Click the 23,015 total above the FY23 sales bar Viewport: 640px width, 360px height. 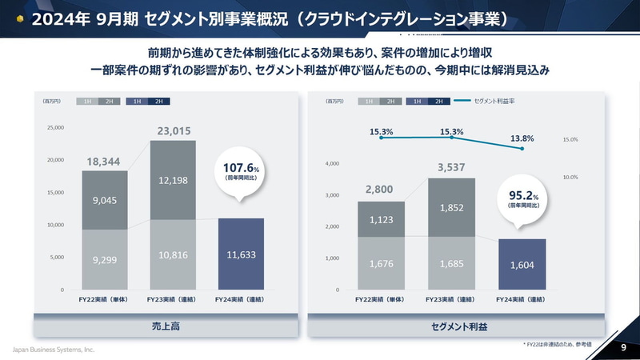173,130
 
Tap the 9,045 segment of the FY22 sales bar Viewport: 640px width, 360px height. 104,200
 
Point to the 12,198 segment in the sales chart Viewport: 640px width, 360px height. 173,181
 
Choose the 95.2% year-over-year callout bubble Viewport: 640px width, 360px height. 523,198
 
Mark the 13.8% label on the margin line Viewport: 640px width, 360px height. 522,138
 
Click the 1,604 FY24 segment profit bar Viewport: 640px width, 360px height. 522,264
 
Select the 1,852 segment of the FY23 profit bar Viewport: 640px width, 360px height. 453,207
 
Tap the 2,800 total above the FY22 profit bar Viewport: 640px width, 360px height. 380,190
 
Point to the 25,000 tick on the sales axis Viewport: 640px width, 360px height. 54,127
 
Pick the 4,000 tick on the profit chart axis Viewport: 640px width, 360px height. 334,164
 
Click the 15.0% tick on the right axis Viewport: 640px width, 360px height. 570,139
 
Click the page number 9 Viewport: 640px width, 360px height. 622,348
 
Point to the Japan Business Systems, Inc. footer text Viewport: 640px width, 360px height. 53,350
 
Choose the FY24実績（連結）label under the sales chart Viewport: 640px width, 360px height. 241,299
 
